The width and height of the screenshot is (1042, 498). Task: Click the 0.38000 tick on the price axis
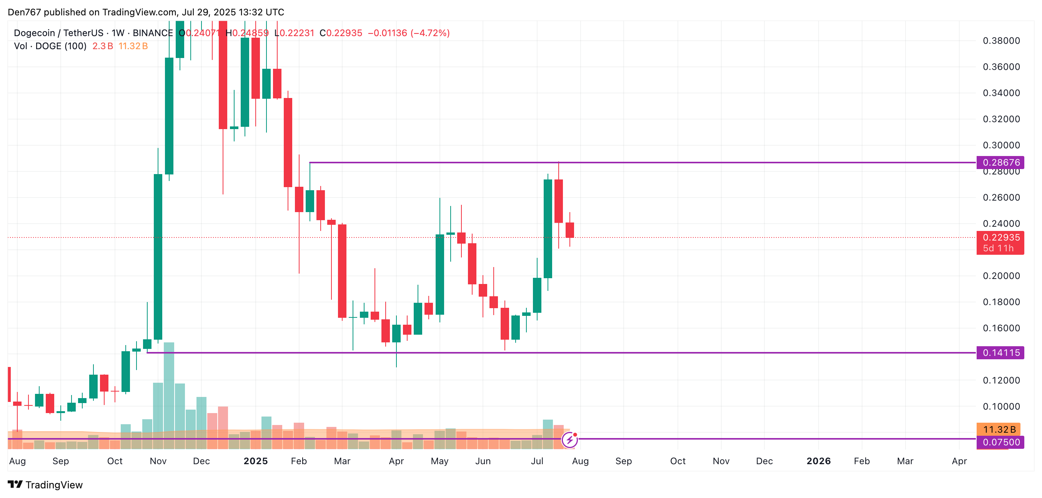[x=1001, y=41]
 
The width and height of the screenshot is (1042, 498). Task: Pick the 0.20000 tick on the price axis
[x=1001, y=276]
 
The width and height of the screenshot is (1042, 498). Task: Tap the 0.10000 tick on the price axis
[x=1001, y=407]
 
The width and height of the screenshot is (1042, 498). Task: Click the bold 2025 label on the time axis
[x=256, y=461]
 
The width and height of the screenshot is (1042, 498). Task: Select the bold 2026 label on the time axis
[x=818, y=461]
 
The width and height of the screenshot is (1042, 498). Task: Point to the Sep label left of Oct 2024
[x=61, y=461]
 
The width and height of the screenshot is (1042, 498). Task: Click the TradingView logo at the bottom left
[x=45, y=485]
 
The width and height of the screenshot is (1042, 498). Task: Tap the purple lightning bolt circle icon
[x=569, y=440]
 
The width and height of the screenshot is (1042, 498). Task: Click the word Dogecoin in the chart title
[x=34, y=33]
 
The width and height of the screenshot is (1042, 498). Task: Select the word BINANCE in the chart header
[x=153, y=33]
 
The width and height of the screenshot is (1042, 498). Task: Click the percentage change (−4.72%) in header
[x=430, y=33]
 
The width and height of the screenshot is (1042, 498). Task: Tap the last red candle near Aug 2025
[x=569, y=230]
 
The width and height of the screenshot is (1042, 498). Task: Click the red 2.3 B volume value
[x=102, y=46]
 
